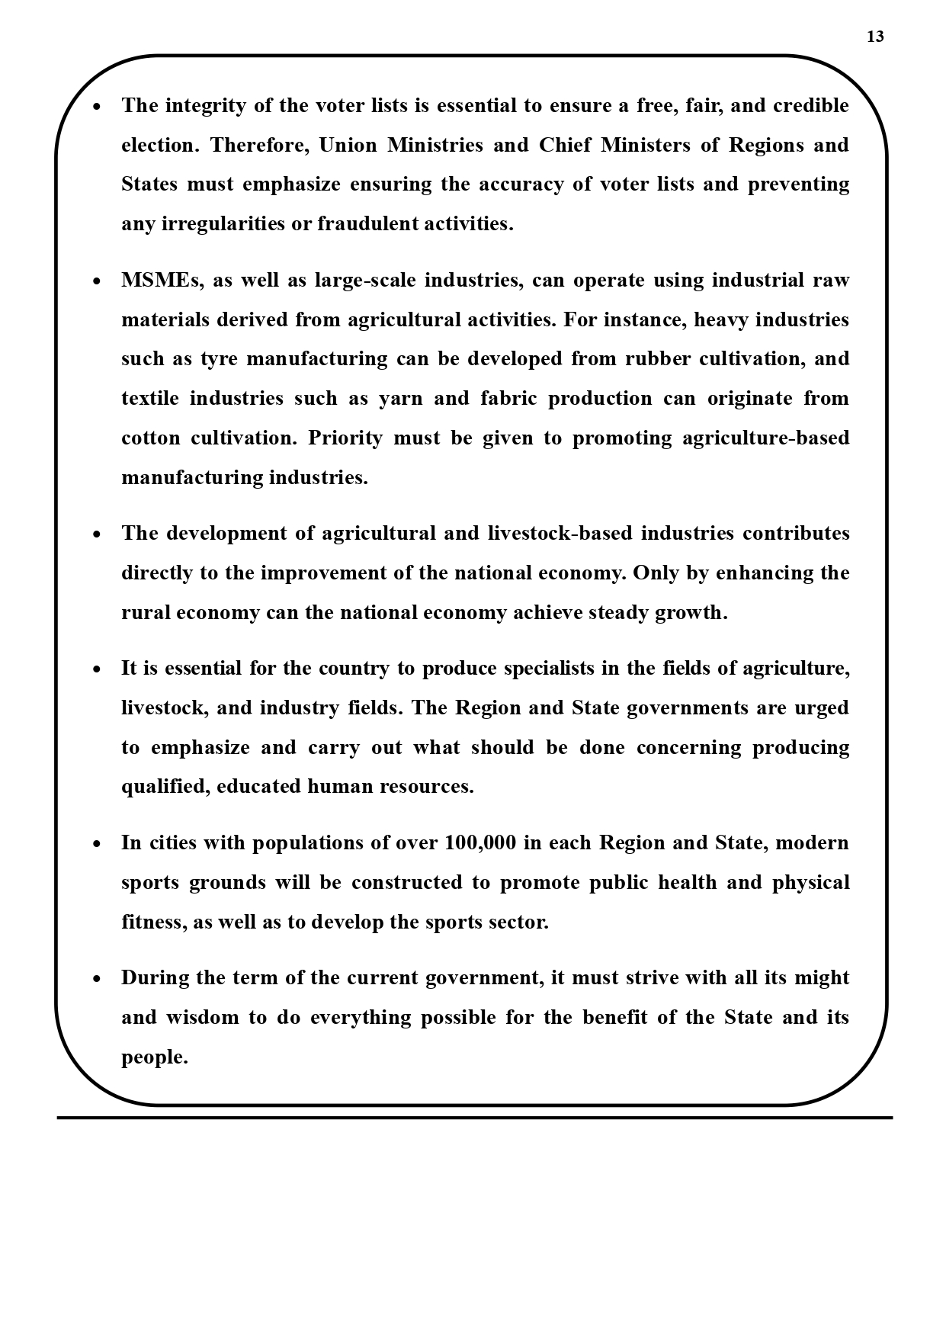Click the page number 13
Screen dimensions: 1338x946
875,37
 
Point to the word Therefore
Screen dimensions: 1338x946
259,146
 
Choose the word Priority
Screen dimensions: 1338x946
345,438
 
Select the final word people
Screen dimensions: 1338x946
154,1058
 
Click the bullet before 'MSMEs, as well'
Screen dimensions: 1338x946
96,281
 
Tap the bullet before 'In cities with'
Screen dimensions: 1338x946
96,844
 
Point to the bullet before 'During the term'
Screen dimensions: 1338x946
96,979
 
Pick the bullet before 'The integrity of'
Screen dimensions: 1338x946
96,107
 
